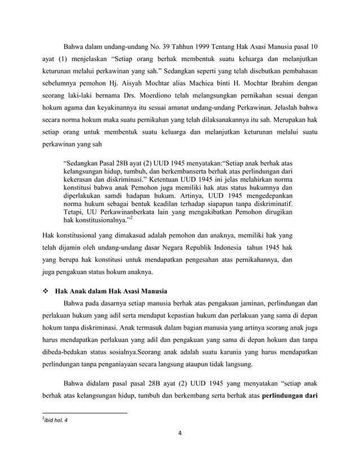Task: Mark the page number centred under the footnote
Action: [180, 434]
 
